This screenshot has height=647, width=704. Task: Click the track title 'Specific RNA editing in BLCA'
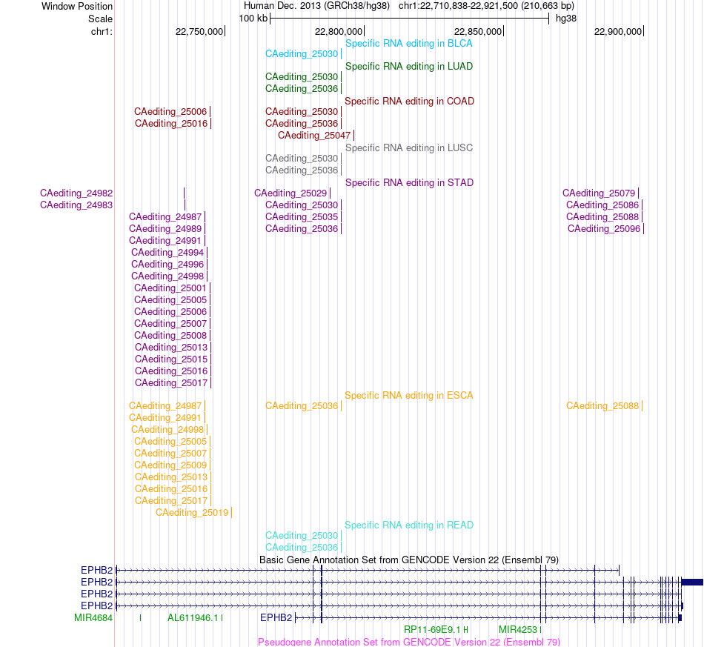[408, 44]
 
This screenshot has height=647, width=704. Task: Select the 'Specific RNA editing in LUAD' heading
[408, 67]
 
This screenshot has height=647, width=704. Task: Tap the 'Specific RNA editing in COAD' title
[409, 101]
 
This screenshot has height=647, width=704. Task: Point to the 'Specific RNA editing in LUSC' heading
[408, 147]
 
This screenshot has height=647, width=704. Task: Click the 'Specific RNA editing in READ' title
[408, 525]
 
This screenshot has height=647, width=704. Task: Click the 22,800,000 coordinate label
[339, 31]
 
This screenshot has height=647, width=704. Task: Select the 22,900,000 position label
[618, 31]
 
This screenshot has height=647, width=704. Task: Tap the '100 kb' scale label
[253, 19]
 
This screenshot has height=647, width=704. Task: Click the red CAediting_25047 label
[314, 135]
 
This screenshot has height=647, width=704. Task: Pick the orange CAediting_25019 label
[192, 512]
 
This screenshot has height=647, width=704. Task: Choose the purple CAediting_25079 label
[599, 193]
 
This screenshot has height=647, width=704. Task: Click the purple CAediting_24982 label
[76, 193]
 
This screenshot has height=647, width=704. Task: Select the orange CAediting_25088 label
[602, 406]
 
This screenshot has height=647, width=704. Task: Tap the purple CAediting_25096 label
[603, 228]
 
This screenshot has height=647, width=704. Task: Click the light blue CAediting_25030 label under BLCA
[302, 54]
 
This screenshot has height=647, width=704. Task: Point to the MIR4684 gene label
[93, 618]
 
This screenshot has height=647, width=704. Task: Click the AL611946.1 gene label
[193, 618]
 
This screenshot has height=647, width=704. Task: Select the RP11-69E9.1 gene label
[432, 629]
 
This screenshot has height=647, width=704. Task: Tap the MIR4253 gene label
[518, 629]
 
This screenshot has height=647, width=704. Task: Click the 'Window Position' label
[77, 6]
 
